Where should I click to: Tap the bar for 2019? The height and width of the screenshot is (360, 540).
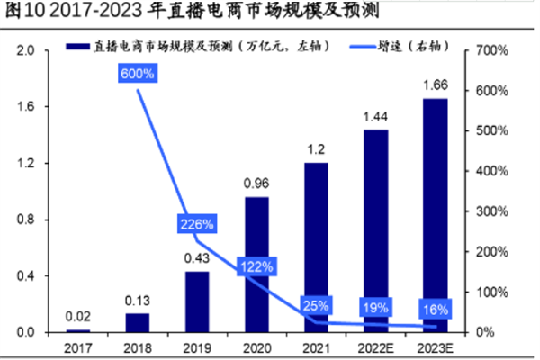click(196, 301)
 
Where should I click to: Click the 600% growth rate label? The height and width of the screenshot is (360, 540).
click(138, 75)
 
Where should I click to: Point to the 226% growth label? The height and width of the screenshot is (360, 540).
click(196, 224)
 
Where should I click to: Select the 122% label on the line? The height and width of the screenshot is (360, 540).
click(256, 266)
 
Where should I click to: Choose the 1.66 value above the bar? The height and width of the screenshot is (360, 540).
click(435, 86)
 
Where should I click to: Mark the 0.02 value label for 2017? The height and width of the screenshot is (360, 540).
click(77, 316)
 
